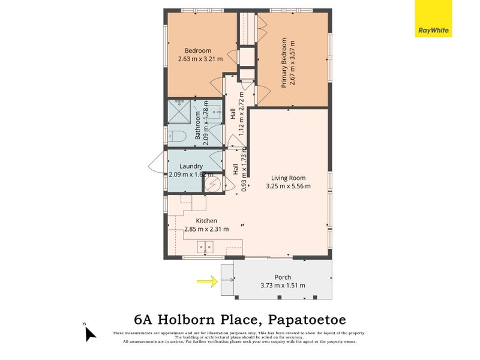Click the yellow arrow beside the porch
pyautogui.click(x=207, y=280)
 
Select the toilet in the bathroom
pyautogui.click(x=175, y=136)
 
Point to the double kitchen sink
pyautogui.click(x=205, y=245)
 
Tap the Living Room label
pyautogui.click(x=288, y=178)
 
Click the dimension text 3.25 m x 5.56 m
pyautogui.click(x=288, y=186)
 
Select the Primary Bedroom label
pyautogui.click(x=284, y=63)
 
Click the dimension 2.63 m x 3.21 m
pyautogui.click(x=200, y=59)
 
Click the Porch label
pyautogui.click(x=283, y=277)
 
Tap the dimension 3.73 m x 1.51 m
pyautogui.click(x=283, y=286)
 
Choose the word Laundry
pyautogui.click(x=191, y=166)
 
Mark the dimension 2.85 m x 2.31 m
pyautogui.click(x=206, y=229)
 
